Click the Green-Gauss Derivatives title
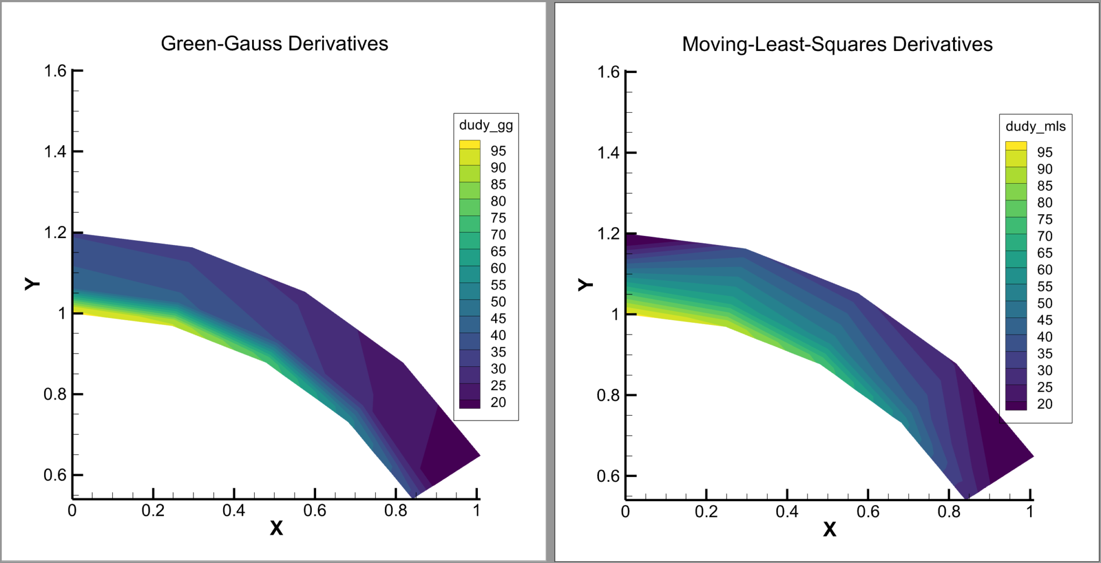[274, 44]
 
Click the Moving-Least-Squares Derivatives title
[837, 44]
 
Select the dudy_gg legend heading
[485, 125]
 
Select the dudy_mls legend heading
[1035, 126]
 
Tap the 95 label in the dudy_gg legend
[498, 151]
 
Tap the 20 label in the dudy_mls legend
[1045, 404]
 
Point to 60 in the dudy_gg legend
[498, 268]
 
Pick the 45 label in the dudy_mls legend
[1045, 320]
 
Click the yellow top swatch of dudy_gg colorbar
[469, 144]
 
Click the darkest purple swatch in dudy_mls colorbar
[1016, 406]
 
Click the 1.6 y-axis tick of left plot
[55, 71]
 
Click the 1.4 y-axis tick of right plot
[609, 153]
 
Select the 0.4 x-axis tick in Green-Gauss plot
[234, 510]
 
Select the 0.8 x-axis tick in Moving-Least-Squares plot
[949, 511]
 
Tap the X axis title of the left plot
[276, 528]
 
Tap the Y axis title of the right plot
[585, 284]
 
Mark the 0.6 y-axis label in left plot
[55, 475]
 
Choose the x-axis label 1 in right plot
[1029, 511]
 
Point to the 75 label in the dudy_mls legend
[1045, 219]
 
